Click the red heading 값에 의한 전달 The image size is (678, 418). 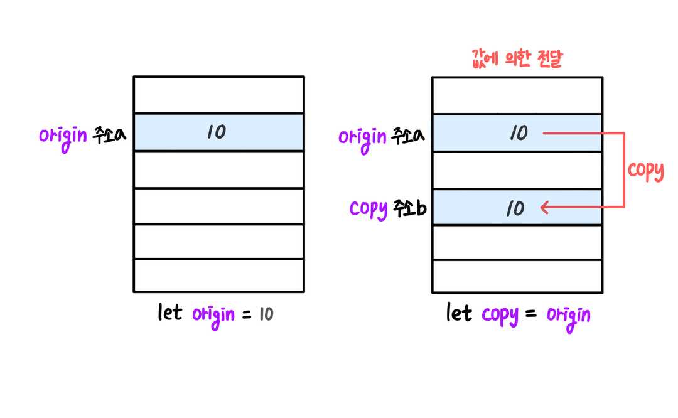pyautogui.click(x=517, y=58)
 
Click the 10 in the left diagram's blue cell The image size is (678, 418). pyautogui.click(x=216, y=132)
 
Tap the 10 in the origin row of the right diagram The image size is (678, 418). pyautogui.click(x=519, y=132)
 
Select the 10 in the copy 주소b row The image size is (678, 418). pyautogui.click(x=515, y=208)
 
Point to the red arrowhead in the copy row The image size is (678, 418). pyautogui.click(x=545, y=207)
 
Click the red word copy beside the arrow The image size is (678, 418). pyautogui.click(x=645, y=171)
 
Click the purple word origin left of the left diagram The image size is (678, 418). pyautogui.click(x=63, y=137)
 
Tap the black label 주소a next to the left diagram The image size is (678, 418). pyautogui.click(x=109, y=135)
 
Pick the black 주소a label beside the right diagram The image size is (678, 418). pyautogui.click(x=408, y=136)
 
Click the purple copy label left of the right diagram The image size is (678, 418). pyautogui.click(x=369, y=210)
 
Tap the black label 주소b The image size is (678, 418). pyautogui.click(x=410, y=208)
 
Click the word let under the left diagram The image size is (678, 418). pyautogui.click(x=170, y=312)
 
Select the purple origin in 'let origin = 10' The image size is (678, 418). pyautogui.click(x=213, y=316)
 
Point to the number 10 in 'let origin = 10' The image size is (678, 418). pyautogui.click(x=266, y=314)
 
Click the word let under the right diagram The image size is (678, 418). pyautogui.click(x=459, y=313)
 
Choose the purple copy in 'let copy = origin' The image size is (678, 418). pyautogui.click(x=500, y=316)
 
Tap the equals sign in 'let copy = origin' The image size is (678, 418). pyautogui.click(x=531, y=314)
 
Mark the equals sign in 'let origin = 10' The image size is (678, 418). pyautogui.click(x=247, y=314)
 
